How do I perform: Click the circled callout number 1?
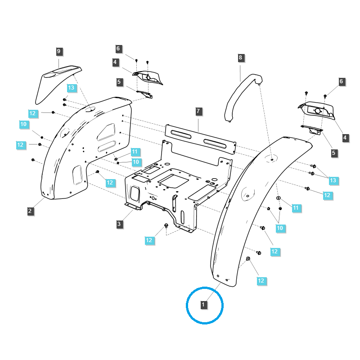tap(203, 305)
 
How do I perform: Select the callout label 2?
tap(30, 211)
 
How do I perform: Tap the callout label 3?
tap(119, 224)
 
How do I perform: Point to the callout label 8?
tap(240, 58)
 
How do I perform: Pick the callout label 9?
tap(58, 51)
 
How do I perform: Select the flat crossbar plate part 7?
tap(200, 137)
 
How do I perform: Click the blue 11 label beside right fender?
tap(296, 208)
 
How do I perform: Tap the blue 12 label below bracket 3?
tap(149, 240)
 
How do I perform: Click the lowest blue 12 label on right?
tap(261, 280)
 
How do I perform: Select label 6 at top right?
tap(342, 81)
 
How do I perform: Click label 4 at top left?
tap(116, 63)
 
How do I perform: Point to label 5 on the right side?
tap(334, 153)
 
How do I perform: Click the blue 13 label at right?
tap(333, 180)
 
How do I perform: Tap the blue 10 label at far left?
tap(24, 124)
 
